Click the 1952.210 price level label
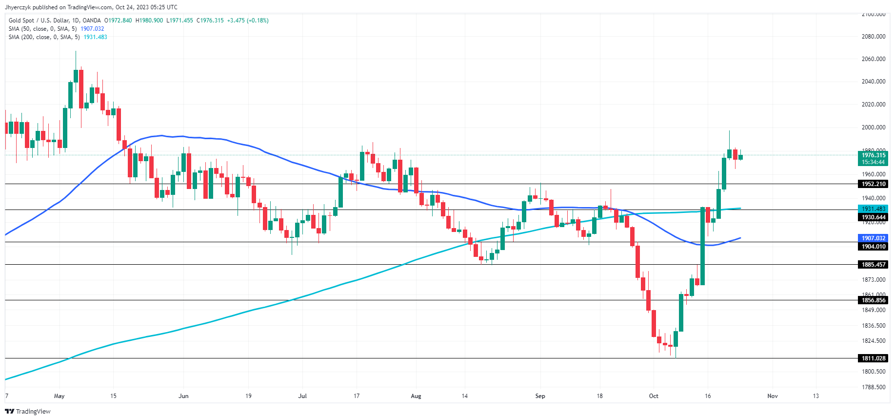pos(873,184)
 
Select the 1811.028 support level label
pos(873,358)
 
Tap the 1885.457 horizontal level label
pos(873,265)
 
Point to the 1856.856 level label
pos(873,300)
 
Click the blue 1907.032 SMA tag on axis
pos(873,238)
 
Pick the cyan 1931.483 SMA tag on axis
pos(873,209)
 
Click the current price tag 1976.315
pos(873,155)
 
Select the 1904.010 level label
pos(873,247)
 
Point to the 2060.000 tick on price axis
pos(873,59)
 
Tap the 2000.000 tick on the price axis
pos(873,127)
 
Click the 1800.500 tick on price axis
pos(873,372)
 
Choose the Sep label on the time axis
pos(540,396)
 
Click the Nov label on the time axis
pos(773,396)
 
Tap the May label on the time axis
pos(59,396)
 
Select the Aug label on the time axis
pos(416,396)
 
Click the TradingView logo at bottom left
pos(28,411)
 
